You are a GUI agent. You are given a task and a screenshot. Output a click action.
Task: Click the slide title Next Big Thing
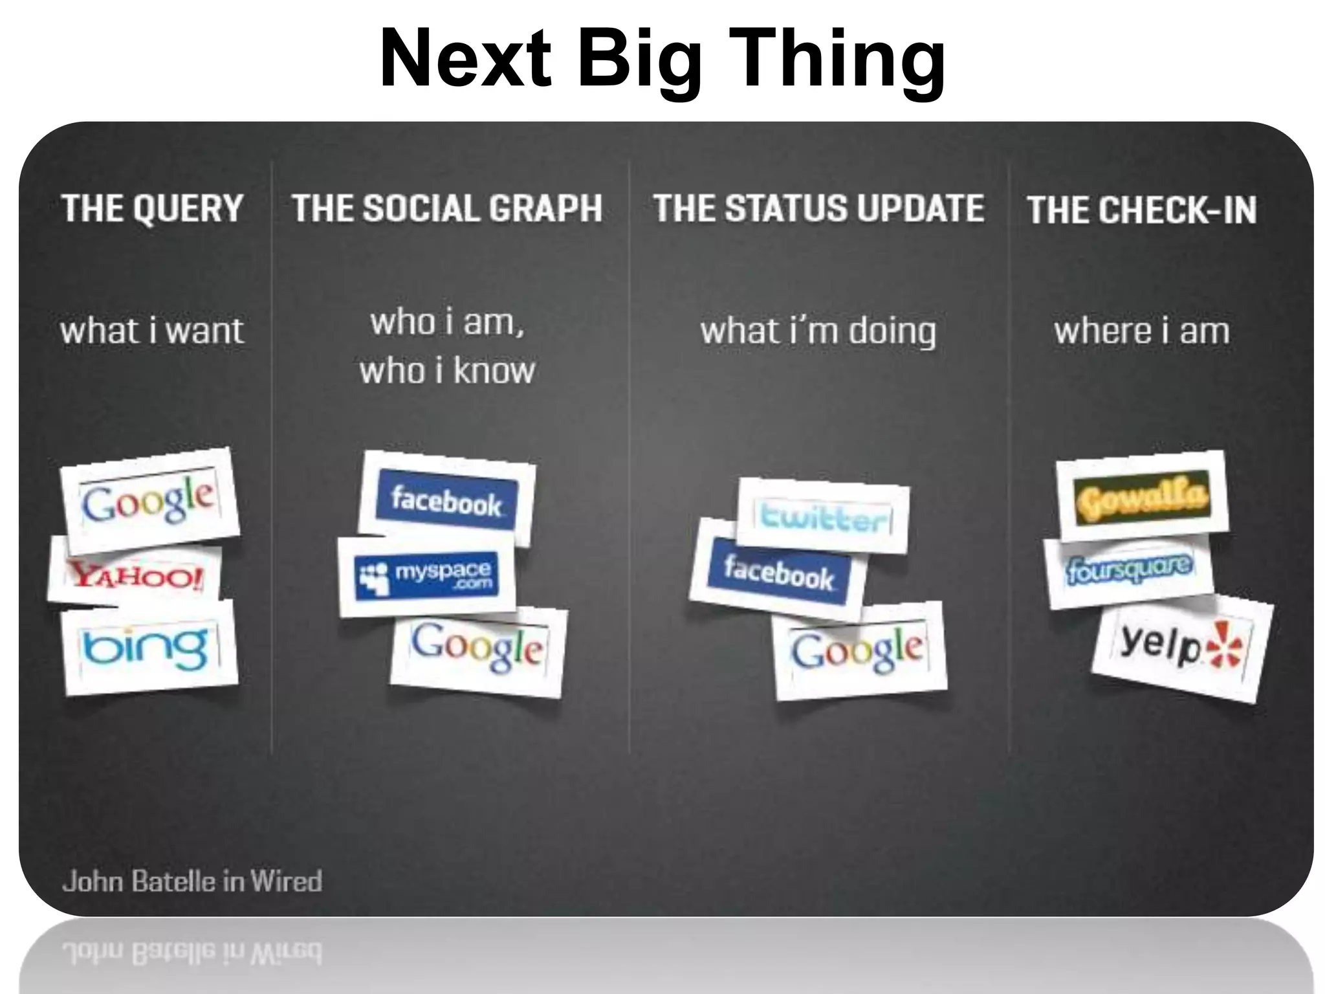tap(662, 60)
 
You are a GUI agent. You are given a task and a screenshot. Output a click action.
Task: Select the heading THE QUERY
tap(152, 208)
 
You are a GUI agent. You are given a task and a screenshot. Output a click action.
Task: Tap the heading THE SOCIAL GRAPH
tap(447, 208)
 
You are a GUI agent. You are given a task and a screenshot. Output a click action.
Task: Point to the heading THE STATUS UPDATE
tap(818, 208)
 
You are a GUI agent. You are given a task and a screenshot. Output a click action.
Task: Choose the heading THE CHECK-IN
tap(1142, 210)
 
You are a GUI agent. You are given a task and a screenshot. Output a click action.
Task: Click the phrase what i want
tap(152, 331)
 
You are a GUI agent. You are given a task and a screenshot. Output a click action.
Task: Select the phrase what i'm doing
tap(818, 331)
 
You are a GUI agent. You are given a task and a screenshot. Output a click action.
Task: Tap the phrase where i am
tap(1142, 331)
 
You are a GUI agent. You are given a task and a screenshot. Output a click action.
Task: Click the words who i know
tap(447, 370)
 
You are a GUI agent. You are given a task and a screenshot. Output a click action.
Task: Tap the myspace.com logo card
tap(427, 575)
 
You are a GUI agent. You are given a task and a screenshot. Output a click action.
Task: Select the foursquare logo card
tap(1129, 569)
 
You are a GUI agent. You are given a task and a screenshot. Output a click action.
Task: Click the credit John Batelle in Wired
tap(192, 881)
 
